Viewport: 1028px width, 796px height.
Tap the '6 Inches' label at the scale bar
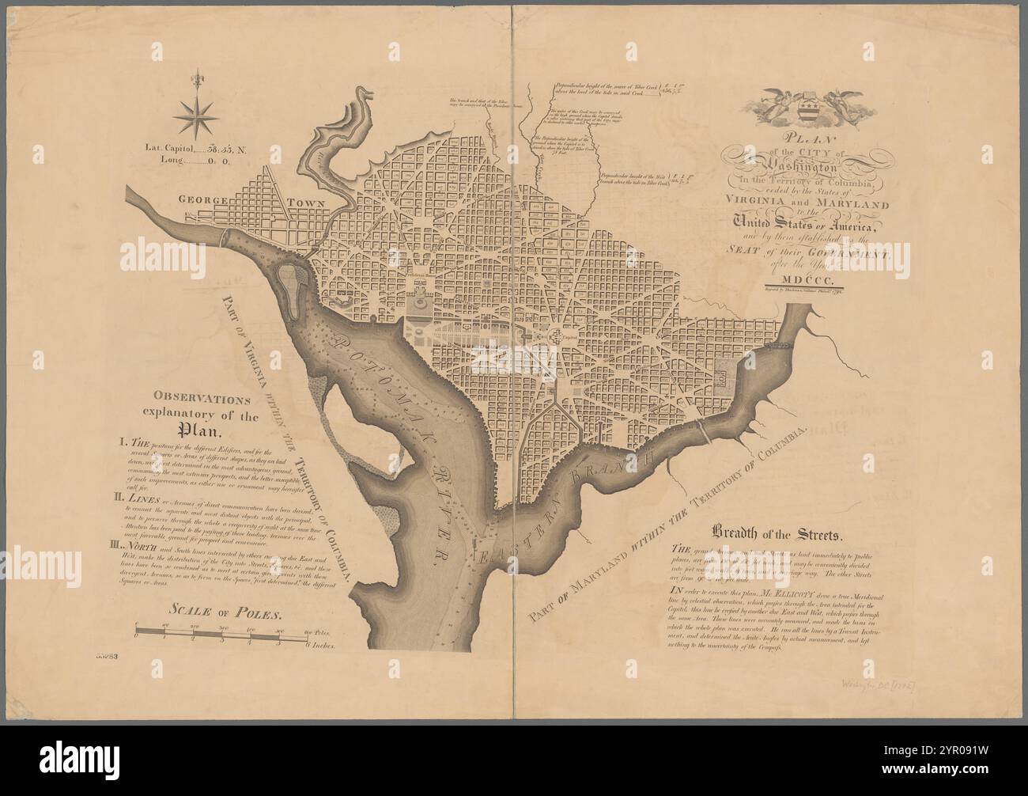click(320, 646)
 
